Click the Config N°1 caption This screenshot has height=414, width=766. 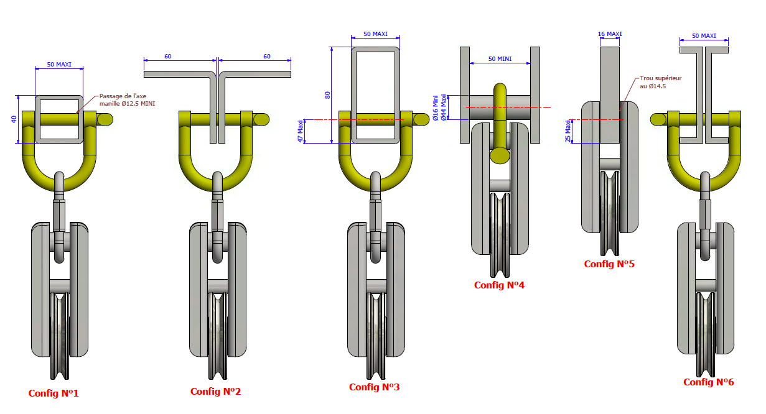(x=54, y=393)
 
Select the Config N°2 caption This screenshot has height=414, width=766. (x=215, y=392)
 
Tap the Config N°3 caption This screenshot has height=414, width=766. (x=374, y=387)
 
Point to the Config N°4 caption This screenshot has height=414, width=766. (x=499, y=285)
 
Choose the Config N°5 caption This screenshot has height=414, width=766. (x=609, y=264)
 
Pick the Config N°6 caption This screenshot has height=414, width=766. (x=709, y=382)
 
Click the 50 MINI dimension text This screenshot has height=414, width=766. (x=500, y=58)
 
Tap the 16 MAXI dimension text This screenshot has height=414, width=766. (x=610, y=34)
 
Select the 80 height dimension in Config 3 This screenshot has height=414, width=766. (x=327, y=95)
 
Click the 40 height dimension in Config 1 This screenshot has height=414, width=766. (x=14, y=119)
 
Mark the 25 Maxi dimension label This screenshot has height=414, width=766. (x=567, y=131)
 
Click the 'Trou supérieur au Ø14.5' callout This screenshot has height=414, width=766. (x=660, y=82)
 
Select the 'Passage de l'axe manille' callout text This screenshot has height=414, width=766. (x=127, y=100)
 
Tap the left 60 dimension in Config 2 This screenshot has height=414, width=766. (x=168, y=57)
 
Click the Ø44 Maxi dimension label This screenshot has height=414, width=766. (x=443, y=107)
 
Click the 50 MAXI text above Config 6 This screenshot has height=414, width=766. (x=704, y=36)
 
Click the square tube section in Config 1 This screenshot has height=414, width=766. (x=59, y=119)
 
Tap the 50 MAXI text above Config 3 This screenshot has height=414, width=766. (x=375, y=34)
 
